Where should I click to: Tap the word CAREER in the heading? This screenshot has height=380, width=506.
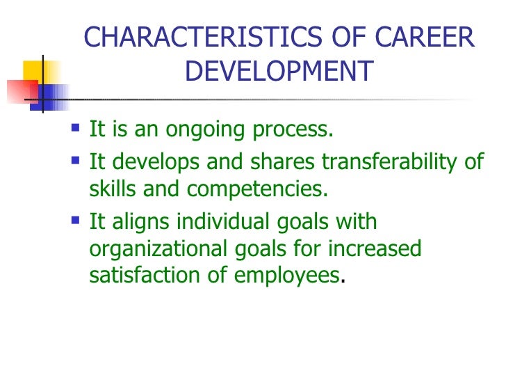(x=432, y=38)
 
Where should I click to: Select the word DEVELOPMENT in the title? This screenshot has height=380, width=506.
(x=279, y=72)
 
